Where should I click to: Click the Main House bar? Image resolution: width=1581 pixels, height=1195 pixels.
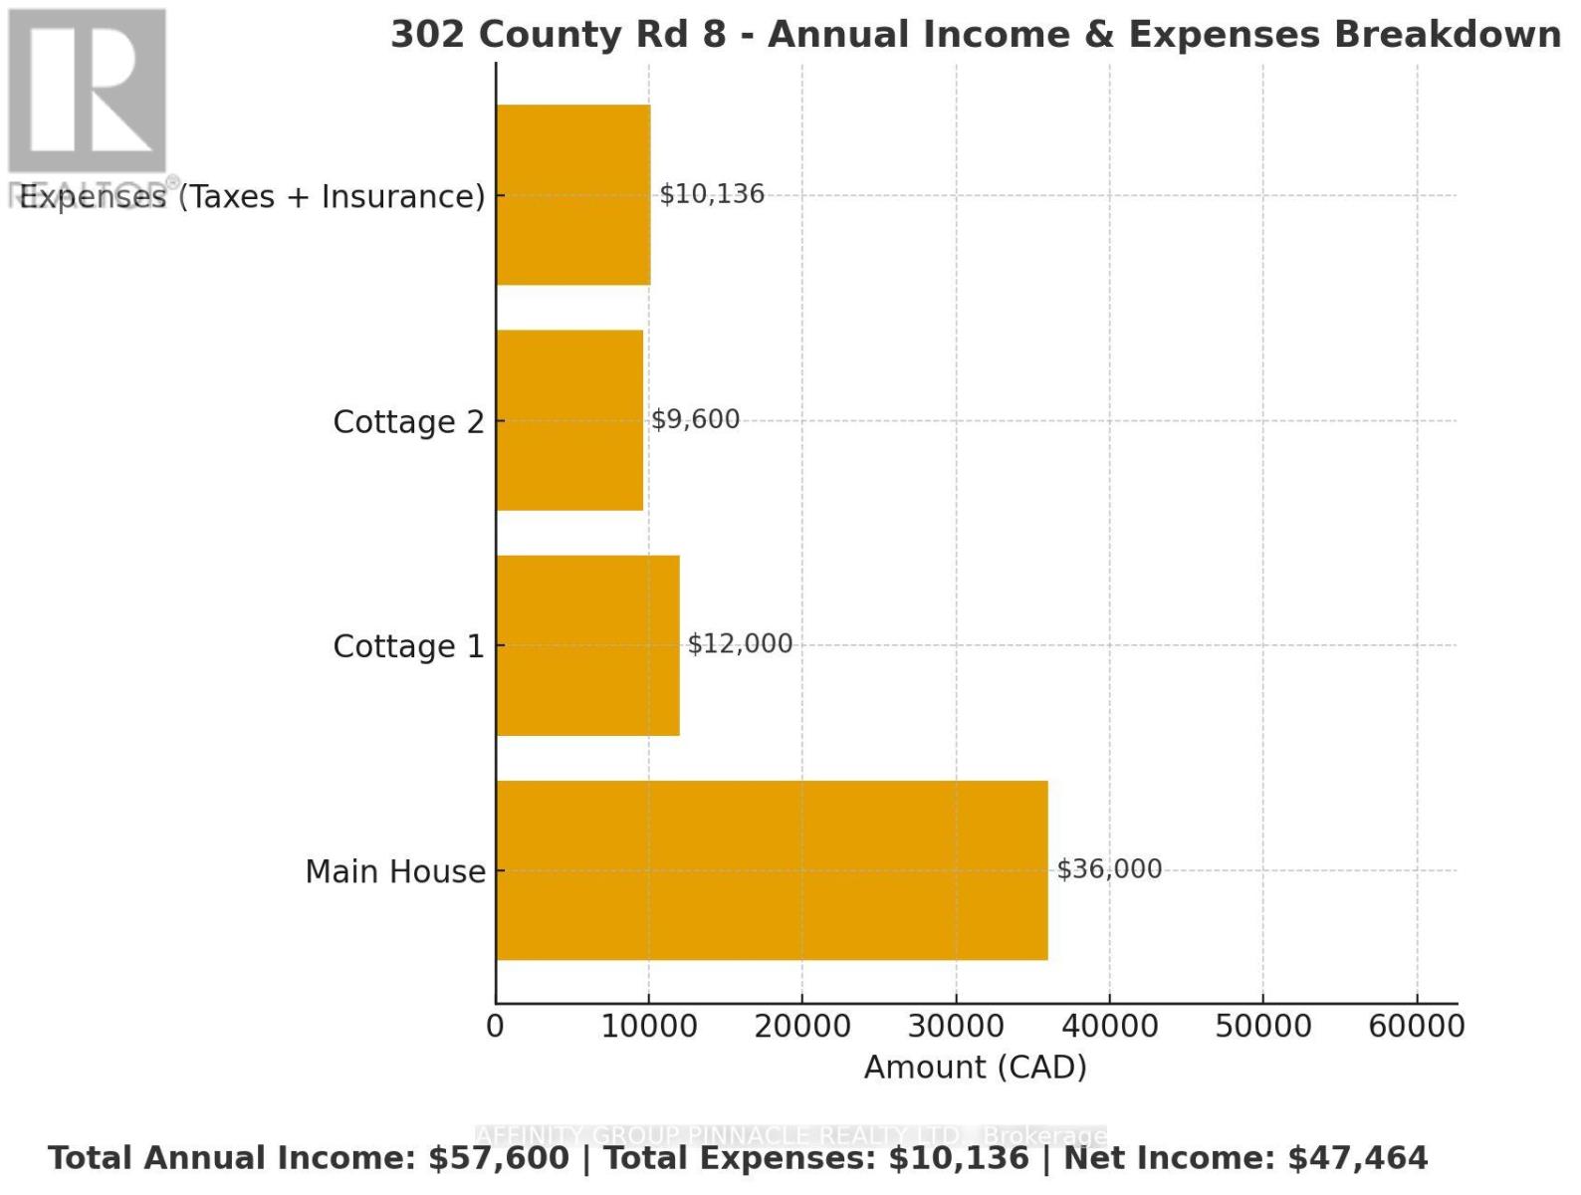(x=772, y=870)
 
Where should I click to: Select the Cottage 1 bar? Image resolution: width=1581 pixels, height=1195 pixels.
(x=587, y=645)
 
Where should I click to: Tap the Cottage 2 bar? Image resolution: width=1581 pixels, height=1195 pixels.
(x=569, y=420)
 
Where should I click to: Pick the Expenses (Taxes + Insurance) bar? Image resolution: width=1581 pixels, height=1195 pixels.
(x=573, y=195)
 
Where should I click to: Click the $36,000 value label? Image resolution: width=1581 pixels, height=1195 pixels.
(x=1109, y=869)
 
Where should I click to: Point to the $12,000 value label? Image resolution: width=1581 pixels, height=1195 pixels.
(x=740, y=644)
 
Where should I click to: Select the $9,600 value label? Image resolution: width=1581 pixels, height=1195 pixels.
(x=695, y=419)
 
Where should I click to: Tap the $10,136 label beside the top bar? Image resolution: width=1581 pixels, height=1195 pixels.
(x=712, y=194)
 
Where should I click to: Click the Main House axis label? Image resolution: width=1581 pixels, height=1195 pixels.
(x=395, y=872)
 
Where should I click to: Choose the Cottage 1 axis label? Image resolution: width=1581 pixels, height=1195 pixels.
(x=408, y=647)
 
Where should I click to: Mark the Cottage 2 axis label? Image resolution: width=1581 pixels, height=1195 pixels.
(x=408, y=422)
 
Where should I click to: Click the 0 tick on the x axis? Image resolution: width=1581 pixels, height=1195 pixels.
(x=496, y=1027)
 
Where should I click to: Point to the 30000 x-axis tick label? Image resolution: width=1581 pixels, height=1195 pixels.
(x=957, y=1027)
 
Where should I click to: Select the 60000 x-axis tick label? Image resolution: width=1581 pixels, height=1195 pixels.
(x=1417, y=1027)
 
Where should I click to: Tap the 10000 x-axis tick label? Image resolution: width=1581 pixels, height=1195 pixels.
(x=649, y=1027)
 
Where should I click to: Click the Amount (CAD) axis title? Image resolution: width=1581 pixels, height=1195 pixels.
(x=976, y=1068)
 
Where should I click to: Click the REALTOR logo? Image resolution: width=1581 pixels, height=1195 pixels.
(x=88, y=95)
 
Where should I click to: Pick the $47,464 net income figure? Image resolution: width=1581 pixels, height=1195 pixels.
(x=1358, y=1158)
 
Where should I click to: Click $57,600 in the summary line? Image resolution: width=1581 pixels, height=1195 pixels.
(x=499, y=1158)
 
